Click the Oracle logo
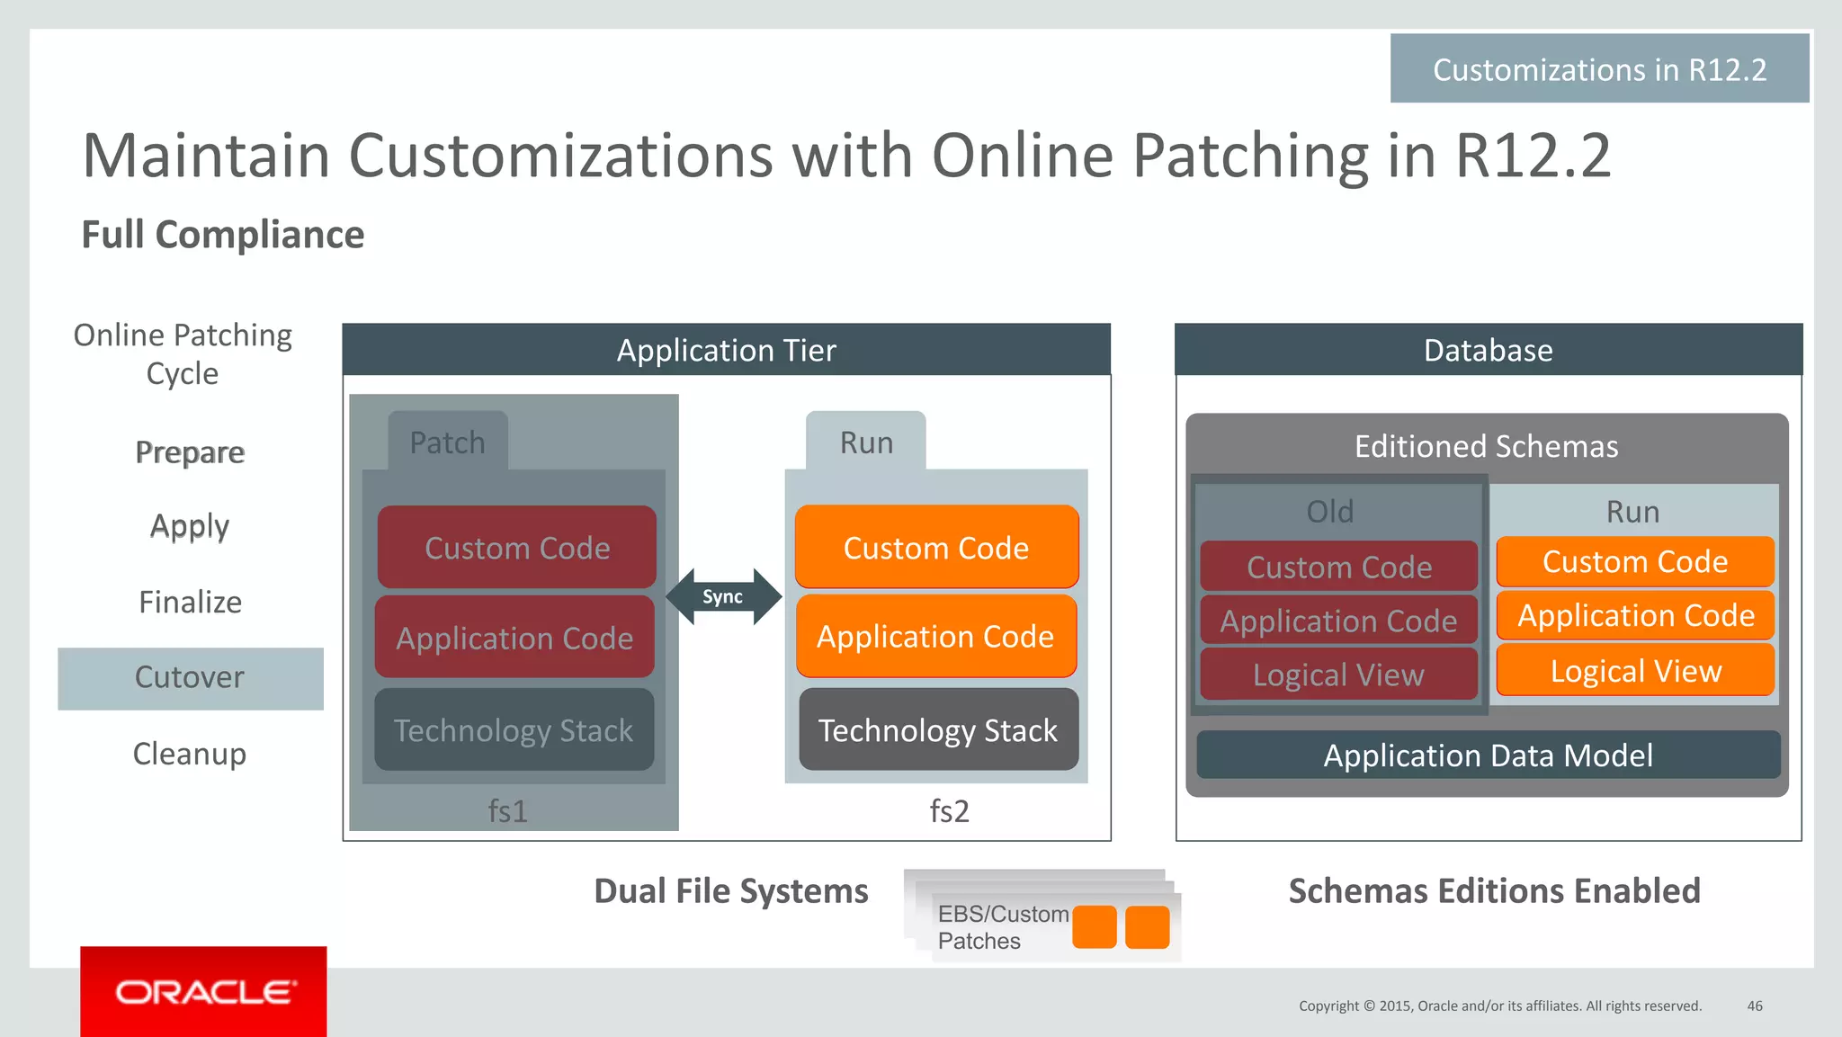[x=203, y=991]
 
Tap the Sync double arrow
[x=723, y=596]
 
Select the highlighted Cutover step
[x=190, y=678]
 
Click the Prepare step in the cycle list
[x=190, y=451]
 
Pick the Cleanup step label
[x=190, y=754]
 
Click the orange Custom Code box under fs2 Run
[x=935, y=547]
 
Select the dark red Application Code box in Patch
[x=514, y=638]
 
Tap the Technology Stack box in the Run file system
[x=937, y=729]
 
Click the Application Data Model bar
[x=1488, y=755]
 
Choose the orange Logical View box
[x=1635, y=671]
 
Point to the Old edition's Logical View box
[x=1338, y=675]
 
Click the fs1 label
[x=508, y=811]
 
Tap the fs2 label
[x=950, y=811]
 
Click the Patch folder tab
[x=448, y=442]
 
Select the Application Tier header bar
[x=726, y=350]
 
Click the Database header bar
[x=1488, y=350]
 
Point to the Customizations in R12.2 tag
[x=1599, y=69]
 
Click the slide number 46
[x=1755, y=1006]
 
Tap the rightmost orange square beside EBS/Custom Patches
[x=1147, y=927]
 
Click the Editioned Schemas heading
[x=1486, y=446]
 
